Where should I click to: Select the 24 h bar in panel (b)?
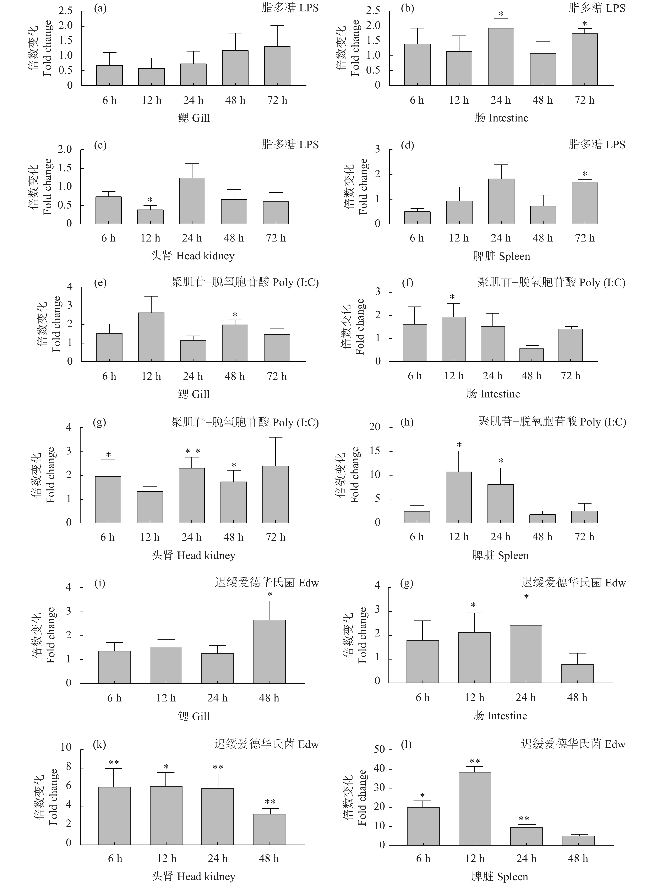(501, 57)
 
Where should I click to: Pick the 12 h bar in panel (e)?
(151, 337)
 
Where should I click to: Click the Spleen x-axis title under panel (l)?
(500, 877)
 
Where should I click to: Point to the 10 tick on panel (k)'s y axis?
(66, 747)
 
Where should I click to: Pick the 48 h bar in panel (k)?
(269, 829)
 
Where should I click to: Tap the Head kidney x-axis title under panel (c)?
(193, 256)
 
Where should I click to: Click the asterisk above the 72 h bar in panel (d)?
(585, 174)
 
